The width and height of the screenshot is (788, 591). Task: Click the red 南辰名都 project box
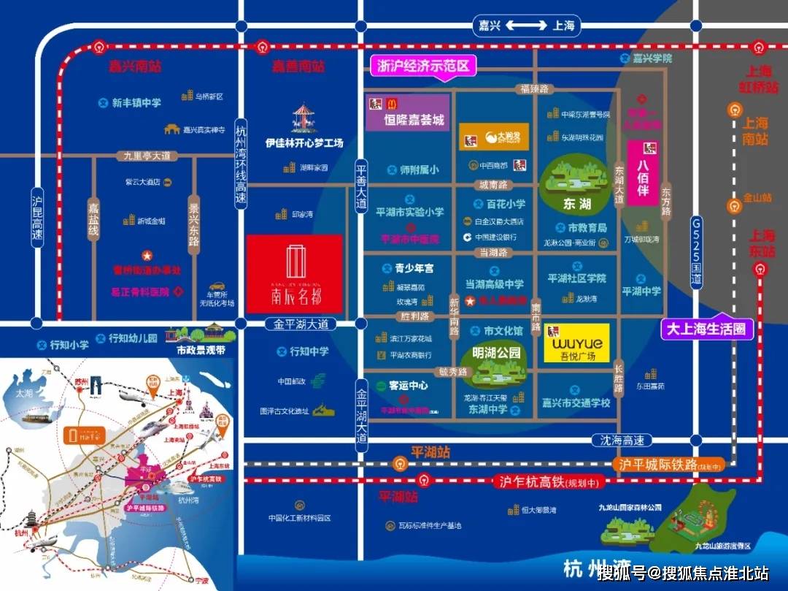[x=294, y=272]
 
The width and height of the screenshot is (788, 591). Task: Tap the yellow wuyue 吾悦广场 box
[x=576, y=343]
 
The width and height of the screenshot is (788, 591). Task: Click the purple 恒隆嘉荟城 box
[x=407, y=113]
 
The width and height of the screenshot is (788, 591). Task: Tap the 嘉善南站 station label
[x=298, y=66]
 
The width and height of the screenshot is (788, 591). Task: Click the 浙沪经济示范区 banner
[x=424, y=66]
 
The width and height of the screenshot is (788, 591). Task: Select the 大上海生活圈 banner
[x=707, y=329]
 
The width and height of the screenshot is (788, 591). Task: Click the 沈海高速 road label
[x=618, y=441]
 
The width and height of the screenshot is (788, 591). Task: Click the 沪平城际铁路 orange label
[x=671, y=465]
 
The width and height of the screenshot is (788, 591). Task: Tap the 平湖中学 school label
[x=641, y=291]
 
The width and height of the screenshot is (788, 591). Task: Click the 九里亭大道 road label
[x=147, y=156]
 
